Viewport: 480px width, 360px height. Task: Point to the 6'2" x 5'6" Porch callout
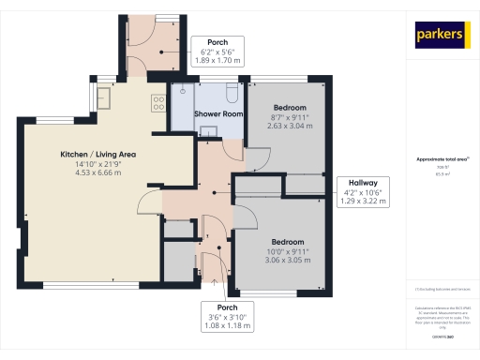click(217, 51)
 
